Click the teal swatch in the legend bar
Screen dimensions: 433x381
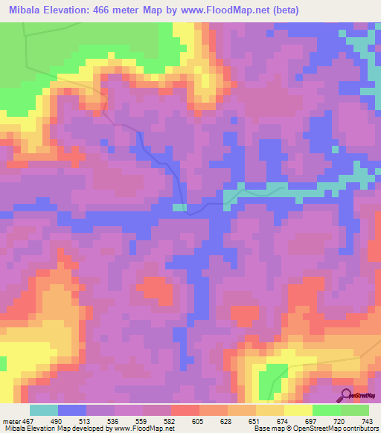point(44,411)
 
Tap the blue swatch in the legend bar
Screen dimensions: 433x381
point(72,411)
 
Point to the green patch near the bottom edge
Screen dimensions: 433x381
point(272,380)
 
